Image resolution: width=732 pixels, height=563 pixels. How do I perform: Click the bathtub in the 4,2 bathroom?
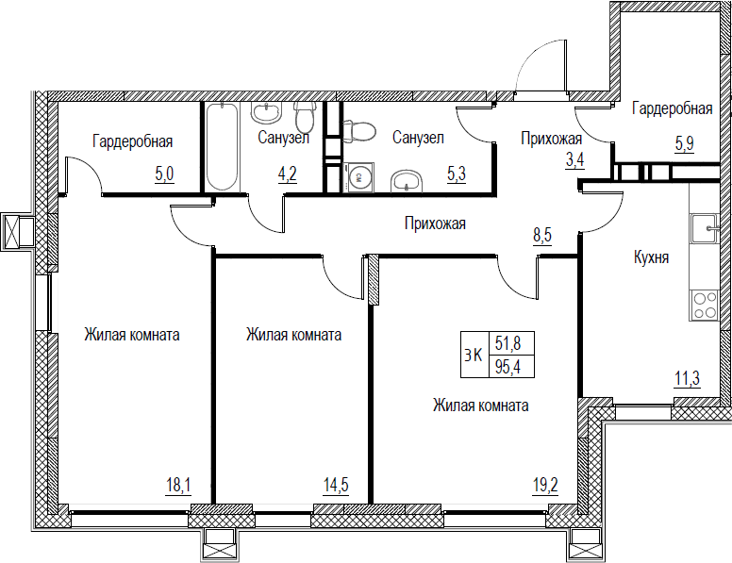[x=223, y=146]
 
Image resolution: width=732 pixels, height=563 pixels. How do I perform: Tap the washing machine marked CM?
[x=358, y=177]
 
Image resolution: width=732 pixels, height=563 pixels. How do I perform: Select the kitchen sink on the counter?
[x=705, y=228]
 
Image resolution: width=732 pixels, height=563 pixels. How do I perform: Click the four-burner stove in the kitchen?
[x=705, y=305]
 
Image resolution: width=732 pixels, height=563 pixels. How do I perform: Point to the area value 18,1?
[x=178, y=486]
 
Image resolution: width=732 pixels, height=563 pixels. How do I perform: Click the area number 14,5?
[x=336, y=486]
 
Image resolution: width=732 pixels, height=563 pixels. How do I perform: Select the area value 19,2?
[x=545, y=486]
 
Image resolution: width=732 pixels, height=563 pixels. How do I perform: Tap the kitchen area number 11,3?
[x=687, y=378]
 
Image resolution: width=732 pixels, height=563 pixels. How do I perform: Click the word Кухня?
[x=651, y=257]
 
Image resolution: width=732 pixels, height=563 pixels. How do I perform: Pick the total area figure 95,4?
[x=507, y=368]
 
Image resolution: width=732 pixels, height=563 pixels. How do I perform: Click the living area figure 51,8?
[x=507, y=344]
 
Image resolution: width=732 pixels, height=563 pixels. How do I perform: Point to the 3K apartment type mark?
[x=474, y=356]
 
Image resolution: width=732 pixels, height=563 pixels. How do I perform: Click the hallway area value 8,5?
[x=542, y=235]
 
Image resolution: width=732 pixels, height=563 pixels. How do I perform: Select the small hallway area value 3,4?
[x=575, y=159]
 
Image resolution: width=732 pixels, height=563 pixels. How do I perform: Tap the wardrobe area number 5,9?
[x=685, y=144]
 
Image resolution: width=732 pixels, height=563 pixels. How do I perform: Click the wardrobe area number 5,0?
[x=164, y=174]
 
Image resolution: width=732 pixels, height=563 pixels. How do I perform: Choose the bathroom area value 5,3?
[x=457, y=174]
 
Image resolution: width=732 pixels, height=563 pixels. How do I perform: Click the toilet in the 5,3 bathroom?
[x=359, y=131]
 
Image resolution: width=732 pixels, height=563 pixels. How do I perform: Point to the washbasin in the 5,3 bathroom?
[x=407, y=181]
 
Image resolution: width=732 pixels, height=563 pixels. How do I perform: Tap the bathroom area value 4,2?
[x=288, y=174]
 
